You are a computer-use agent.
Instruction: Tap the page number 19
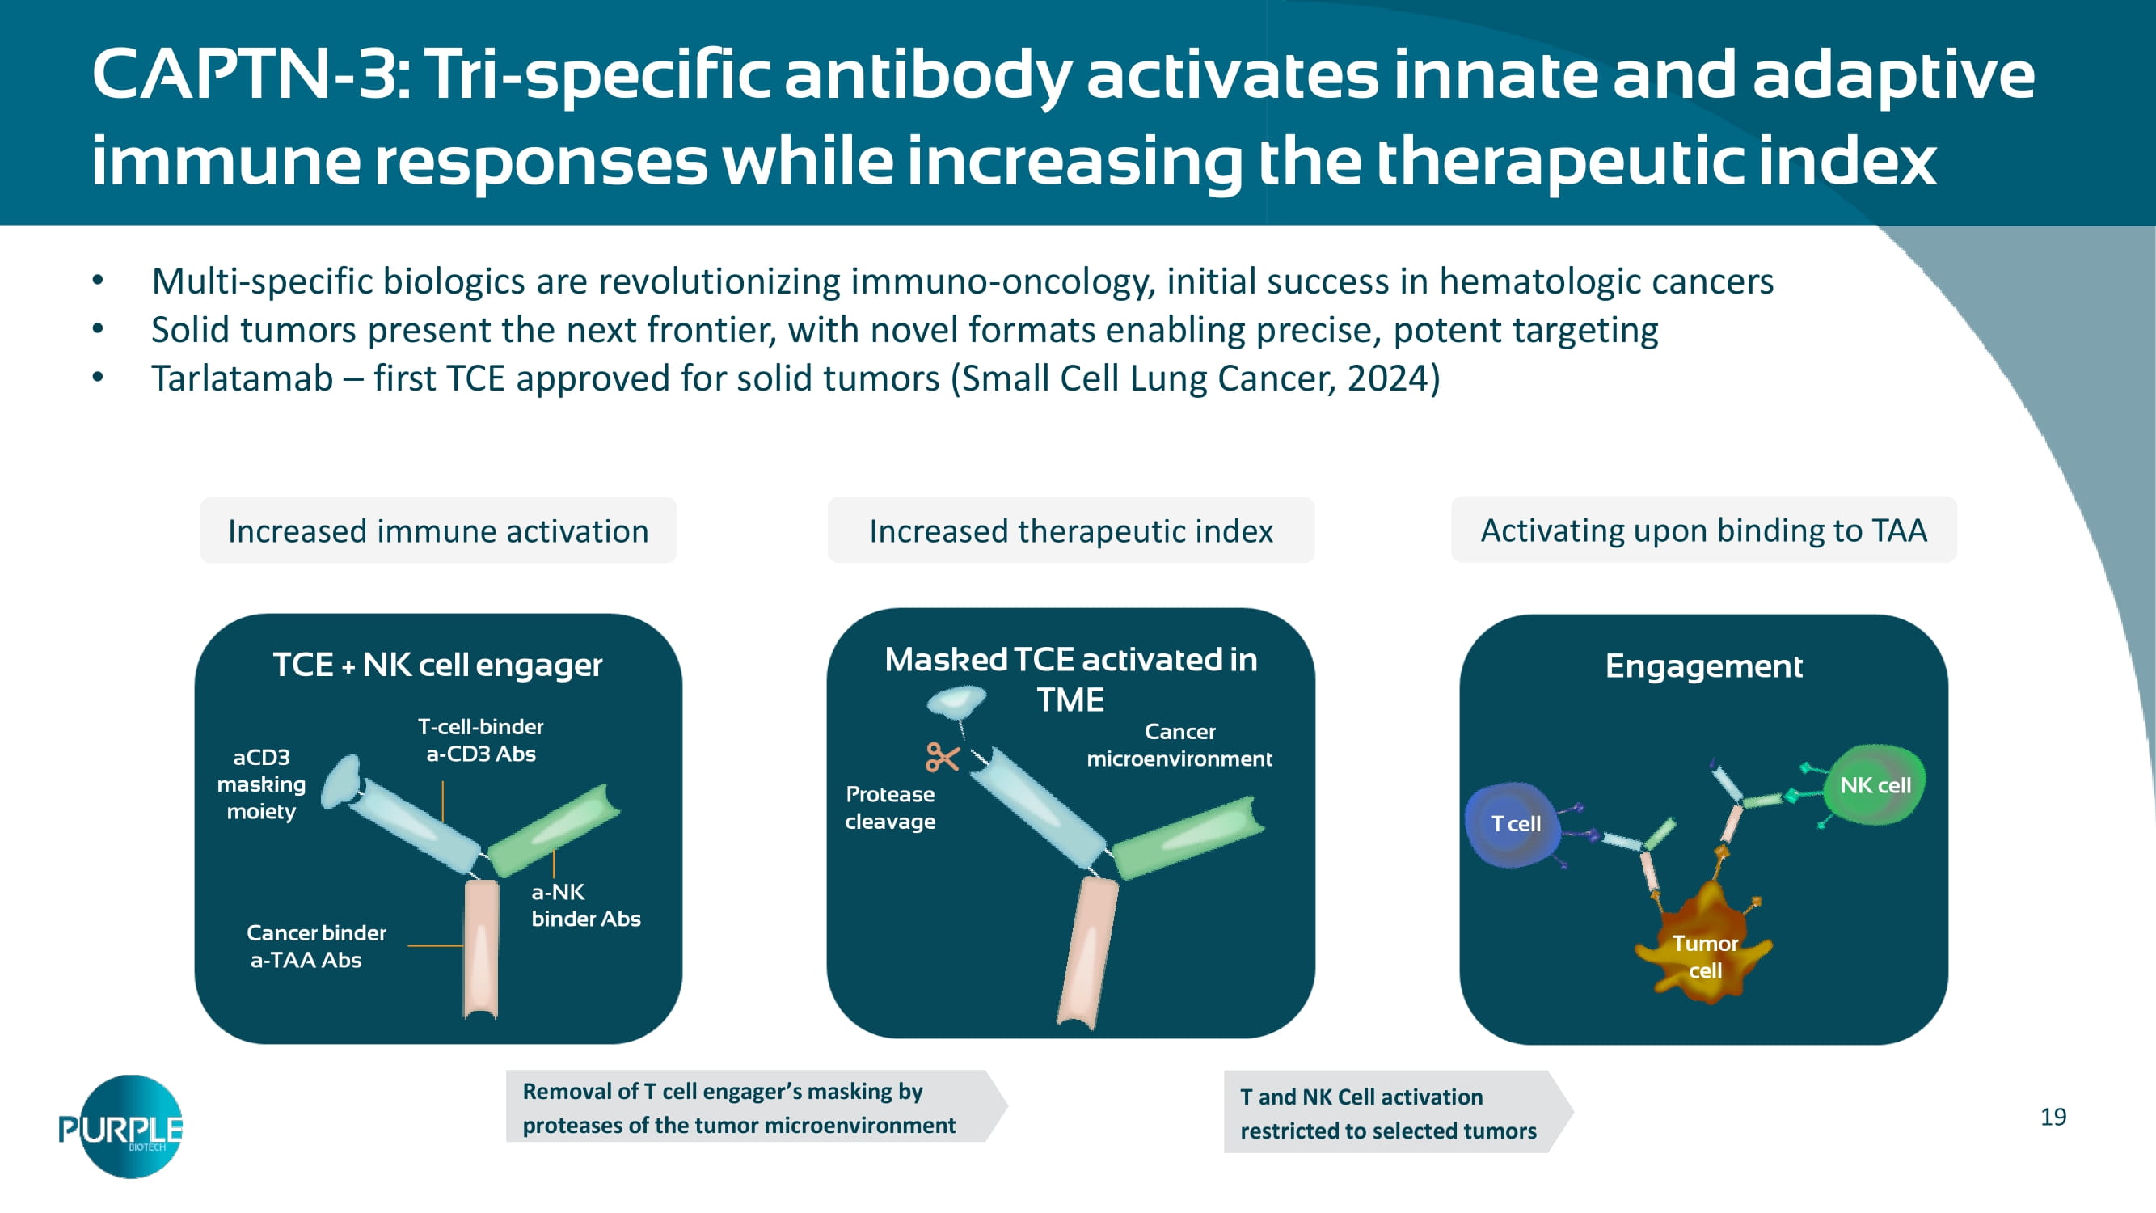point(2053,1117)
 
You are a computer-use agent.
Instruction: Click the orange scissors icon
point(942,757)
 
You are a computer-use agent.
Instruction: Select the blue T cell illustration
point(1513,825)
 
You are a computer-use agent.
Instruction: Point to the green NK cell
point(1873,785)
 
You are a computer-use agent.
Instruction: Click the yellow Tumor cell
point(1704,950)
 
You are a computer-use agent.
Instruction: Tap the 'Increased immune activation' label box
point(437,530)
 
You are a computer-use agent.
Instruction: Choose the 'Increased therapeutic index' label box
point(1070,530)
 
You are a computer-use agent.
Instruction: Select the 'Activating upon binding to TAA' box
point(1703,530)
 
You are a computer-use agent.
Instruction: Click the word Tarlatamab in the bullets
point(242,378)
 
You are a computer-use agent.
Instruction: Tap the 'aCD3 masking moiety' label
point(261,784)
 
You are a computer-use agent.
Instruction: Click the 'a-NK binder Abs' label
point(585,905)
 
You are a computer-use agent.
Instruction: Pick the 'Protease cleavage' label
point(890,808)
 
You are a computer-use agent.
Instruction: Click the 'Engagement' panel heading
point(1703,666)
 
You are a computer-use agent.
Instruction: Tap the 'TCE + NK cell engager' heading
point(437,666)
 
